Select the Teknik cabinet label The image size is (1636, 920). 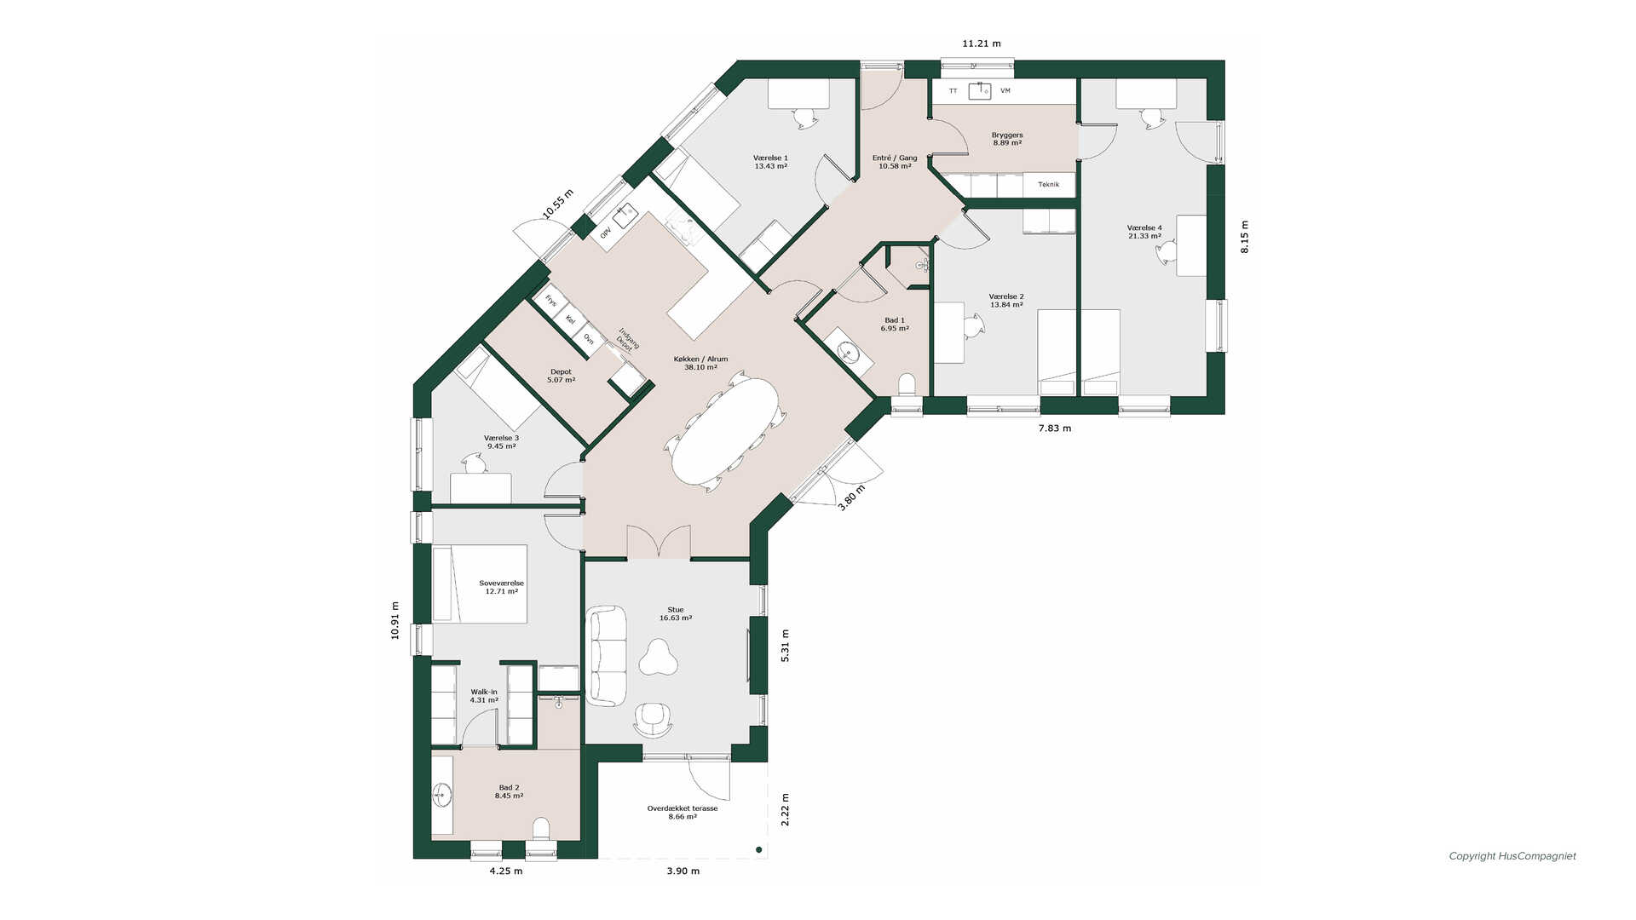[x=1048, y=185]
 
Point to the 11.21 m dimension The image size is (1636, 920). [x=982, y=43]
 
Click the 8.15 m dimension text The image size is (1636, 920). [x=1244, y=237]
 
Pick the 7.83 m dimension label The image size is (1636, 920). [x=1055, y=428]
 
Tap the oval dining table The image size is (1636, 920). [x=725, y=430]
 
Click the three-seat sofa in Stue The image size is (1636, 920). [x=607, y=655]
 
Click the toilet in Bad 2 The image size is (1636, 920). [x=541, y=828]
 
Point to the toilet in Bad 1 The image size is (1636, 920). [x=906, y=384]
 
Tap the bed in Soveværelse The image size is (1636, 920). [x=480, y=584]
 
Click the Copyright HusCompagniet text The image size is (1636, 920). [x=1512, y=856]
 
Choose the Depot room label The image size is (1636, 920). [x=561, y=376]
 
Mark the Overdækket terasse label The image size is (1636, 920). [x=683, y=813]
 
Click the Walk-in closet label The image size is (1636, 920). [x=484, y=696]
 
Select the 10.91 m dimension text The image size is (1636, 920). [x=395, y=620]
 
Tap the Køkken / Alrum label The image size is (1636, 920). [x=700, y=363]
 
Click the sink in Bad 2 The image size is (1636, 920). [x=442, y=796]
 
